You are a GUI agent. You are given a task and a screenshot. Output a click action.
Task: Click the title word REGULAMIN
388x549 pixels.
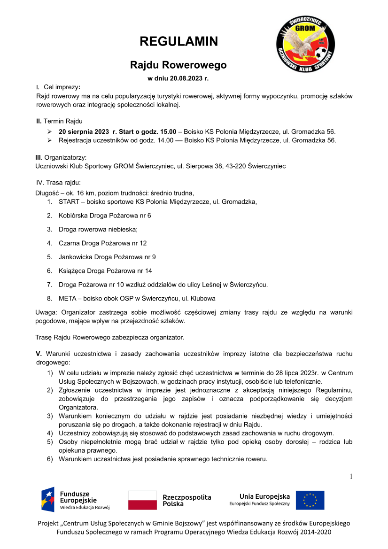(179, 41)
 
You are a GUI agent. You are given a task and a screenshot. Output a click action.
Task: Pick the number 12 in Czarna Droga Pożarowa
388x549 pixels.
(143, 243)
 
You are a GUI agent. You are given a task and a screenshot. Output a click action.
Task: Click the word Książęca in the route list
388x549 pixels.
(72, 271)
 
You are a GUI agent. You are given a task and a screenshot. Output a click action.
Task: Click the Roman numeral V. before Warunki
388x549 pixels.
(39, 354)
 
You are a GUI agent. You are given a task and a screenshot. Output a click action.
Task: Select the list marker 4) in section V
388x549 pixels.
(49, 433)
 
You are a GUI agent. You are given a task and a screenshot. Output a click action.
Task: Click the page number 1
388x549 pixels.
(350, 477)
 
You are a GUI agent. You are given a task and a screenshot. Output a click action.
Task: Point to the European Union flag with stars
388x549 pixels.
(310, 500)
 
